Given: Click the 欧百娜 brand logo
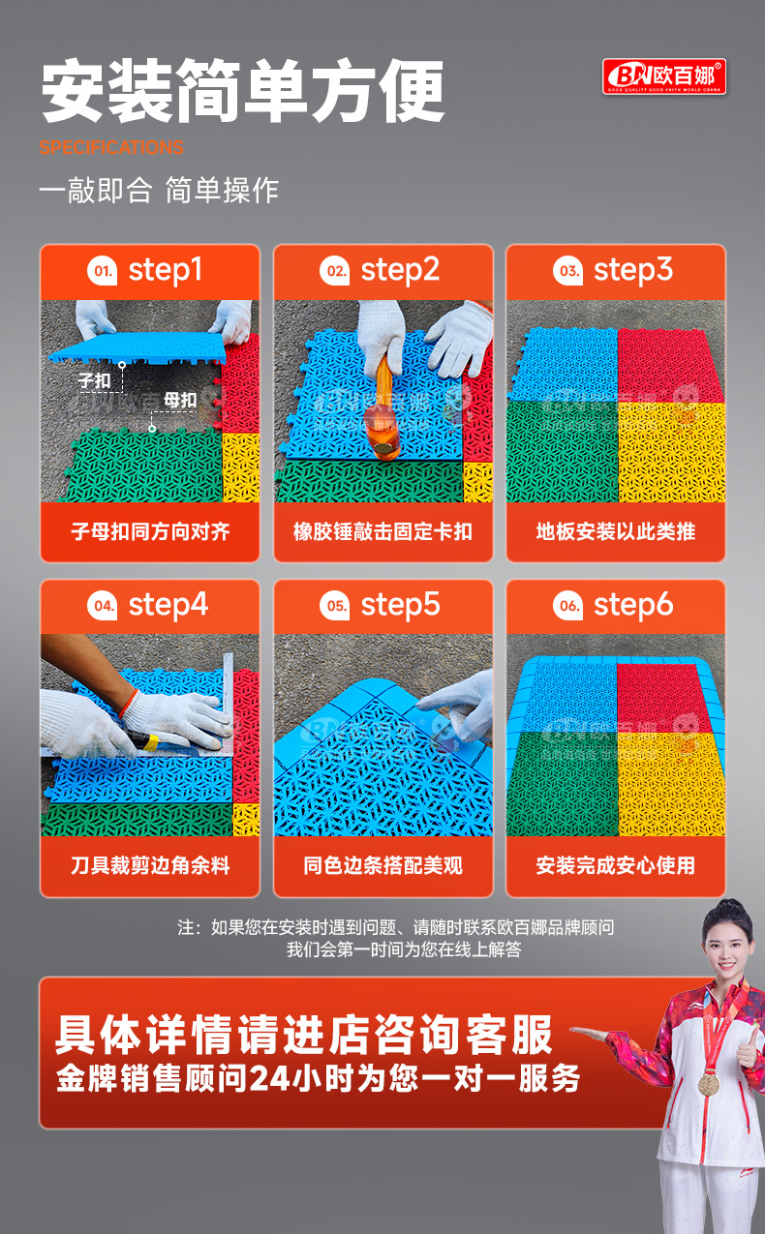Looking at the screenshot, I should [663, 76].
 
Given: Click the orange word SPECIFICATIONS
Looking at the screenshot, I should [111, 148].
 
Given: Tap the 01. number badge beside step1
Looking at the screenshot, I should [102, 272].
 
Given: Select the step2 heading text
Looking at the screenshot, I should [400, 271].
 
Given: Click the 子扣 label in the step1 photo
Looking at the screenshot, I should [94, 381].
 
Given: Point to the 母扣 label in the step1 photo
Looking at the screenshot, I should [180, 400].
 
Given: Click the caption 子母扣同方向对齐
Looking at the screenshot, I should [150, 531].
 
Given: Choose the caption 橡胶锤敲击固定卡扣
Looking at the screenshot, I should [382, 531].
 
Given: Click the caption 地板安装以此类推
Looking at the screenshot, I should [616, 531].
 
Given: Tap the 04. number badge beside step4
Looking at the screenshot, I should [102, 607].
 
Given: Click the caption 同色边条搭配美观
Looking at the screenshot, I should [382, 865].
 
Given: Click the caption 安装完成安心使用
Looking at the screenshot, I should [616, 865].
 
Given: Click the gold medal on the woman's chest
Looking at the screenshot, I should [710, 1083].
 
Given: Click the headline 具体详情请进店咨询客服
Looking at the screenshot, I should [303, 1034].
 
